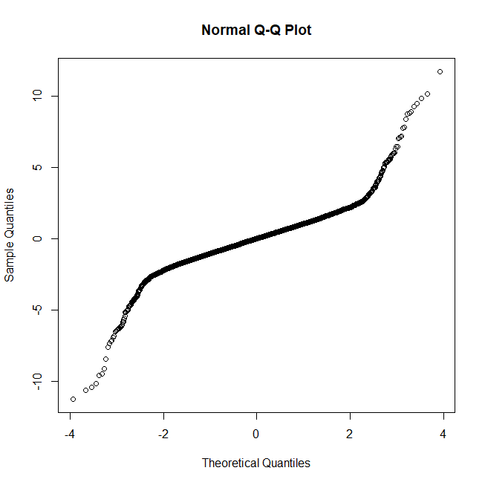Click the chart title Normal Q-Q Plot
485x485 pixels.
256,30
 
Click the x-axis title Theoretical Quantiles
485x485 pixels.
256,463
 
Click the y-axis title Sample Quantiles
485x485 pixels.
10,235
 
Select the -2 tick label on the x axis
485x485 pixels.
162,433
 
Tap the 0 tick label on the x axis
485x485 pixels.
256,433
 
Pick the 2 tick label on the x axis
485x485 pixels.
350,433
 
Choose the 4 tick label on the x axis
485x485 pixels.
443,433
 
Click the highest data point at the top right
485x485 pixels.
440,71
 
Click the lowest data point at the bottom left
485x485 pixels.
73,399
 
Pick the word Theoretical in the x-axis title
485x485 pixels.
231,463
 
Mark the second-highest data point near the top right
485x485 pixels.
427,94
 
